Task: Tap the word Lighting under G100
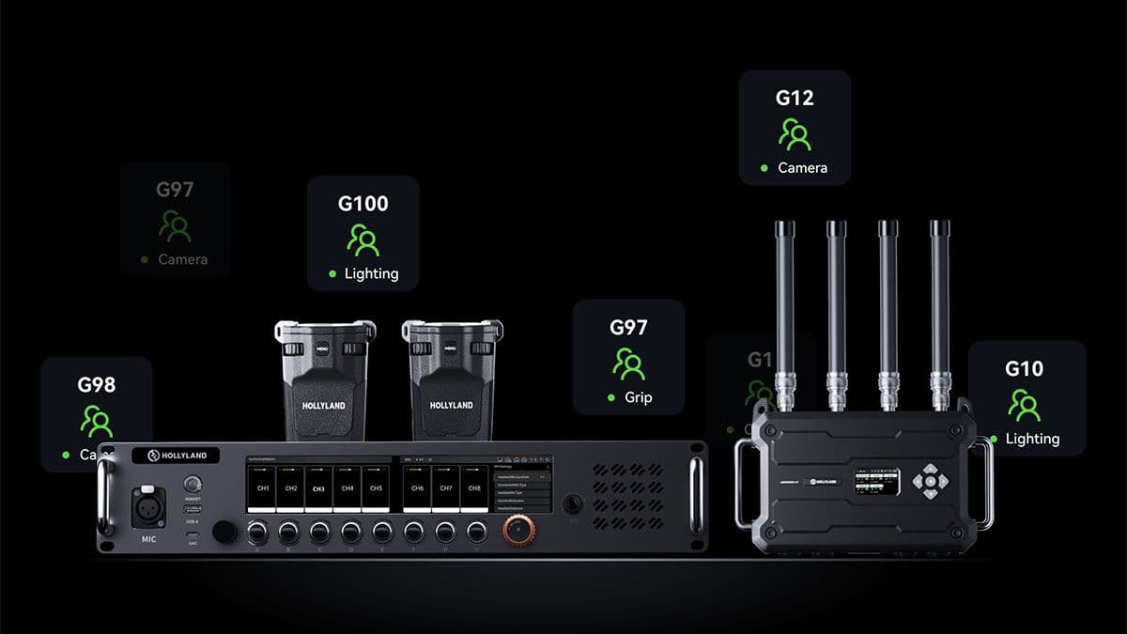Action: click(371, 273)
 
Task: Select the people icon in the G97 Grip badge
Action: click(628, 363)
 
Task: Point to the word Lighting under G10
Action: click(1032, 439)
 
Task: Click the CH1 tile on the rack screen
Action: click(264, 488)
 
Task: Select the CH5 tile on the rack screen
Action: click(376, 488)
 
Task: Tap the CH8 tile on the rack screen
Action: click(474, 488)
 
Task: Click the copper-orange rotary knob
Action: click(517, 532)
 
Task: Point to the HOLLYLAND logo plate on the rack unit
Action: click(176, 456)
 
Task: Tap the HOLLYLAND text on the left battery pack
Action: click(324, 405)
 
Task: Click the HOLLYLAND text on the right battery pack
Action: click(452, 405)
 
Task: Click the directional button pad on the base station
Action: click(930, 481)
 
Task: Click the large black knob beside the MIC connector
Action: click(224, 532)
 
